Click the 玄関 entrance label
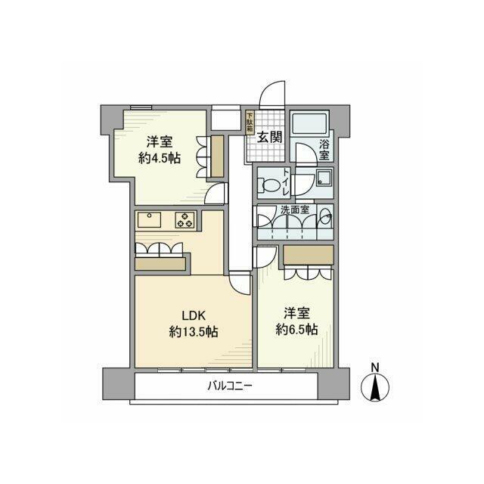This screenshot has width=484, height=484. click(270, 137)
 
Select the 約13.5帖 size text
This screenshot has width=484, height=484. click(194, 333)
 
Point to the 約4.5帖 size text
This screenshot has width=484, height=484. click(159, 158)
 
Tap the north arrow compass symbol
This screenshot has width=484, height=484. click(374, 387)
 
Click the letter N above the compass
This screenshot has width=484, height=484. click(374, 368)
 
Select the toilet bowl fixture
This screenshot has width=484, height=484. click(269, 184)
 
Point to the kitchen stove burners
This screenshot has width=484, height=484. click(185, 220)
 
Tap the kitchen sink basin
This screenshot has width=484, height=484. click(149, 220)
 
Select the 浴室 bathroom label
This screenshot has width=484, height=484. click(324, 149)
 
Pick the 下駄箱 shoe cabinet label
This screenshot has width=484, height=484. click(250, 123)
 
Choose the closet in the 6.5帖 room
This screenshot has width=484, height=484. click(307, 256)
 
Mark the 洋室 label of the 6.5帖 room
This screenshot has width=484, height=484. click(296, 312)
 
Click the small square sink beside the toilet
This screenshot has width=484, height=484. click(324, 181)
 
